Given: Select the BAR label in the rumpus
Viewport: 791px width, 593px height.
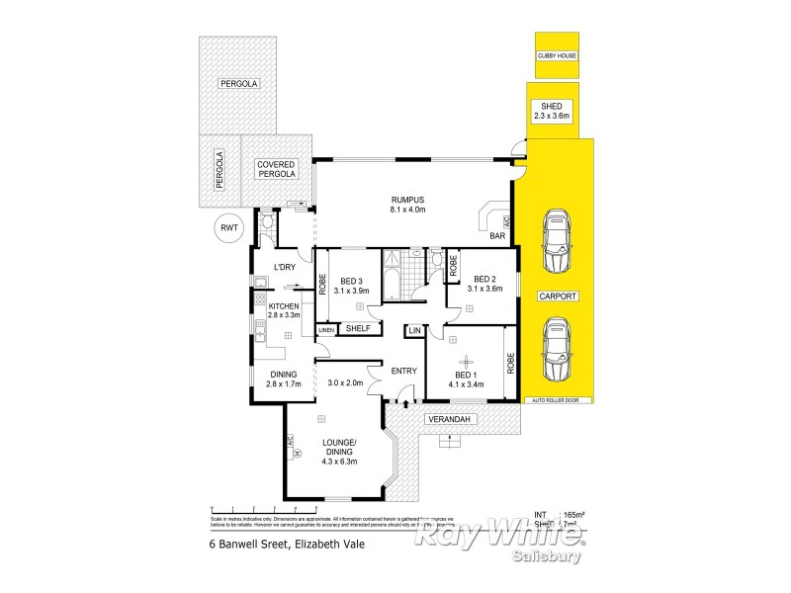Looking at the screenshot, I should click(499, 238).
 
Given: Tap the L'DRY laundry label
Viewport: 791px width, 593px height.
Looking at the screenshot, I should click(285, 268).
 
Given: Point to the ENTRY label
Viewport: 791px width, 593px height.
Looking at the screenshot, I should click(403, 371).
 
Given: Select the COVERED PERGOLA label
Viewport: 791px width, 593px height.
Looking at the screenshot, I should click(277, 169).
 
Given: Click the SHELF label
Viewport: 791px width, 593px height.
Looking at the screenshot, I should click(357, 328).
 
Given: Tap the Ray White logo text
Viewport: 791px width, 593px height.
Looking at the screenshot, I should click(499, 535).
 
